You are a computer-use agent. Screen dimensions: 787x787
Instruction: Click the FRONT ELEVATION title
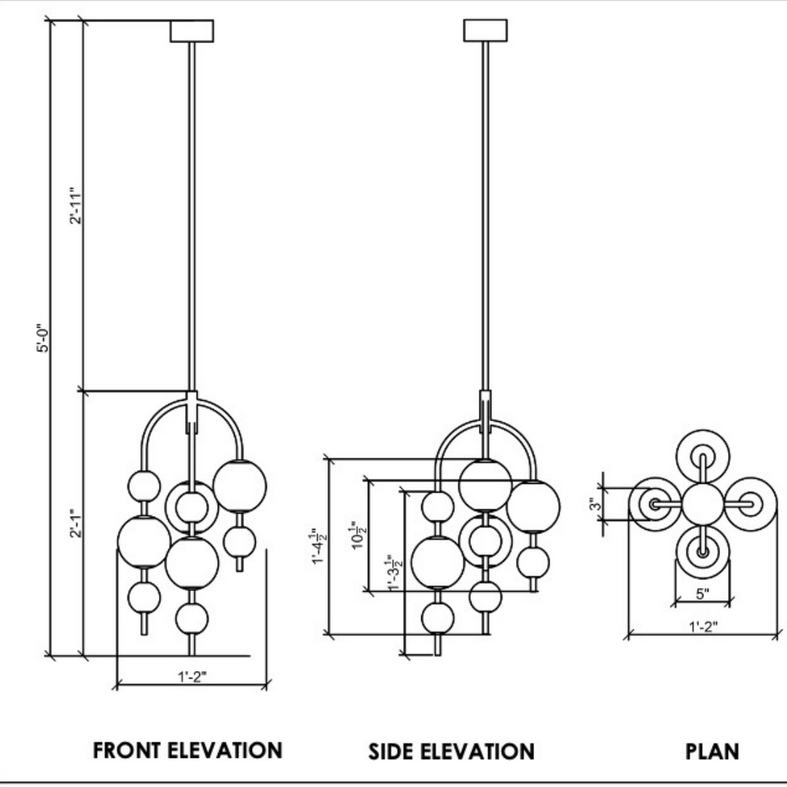click(x=188, y=750)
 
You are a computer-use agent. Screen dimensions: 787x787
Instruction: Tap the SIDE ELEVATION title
click(x=451, y=751)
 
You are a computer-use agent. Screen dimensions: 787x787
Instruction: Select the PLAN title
click(x=712, y=751)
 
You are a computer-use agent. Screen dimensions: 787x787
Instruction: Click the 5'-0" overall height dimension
click(x=47, y=337)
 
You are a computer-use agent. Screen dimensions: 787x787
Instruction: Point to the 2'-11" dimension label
click(x=75, y=205)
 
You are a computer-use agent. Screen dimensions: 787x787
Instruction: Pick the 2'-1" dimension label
click(x=75, y=523)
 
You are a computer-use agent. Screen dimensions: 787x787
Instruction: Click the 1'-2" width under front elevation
click(x=192, y=677)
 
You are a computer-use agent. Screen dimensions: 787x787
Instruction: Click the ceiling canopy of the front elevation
click(x=191, y=31)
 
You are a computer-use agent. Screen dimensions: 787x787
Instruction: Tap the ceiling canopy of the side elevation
click(x=486, y=30)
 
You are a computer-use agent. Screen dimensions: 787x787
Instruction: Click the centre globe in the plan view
click(x=702, y=503)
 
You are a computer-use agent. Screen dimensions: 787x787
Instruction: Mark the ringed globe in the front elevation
click(x=191, y=506)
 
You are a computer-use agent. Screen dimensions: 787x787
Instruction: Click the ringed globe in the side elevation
click(x=486, y=540)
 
